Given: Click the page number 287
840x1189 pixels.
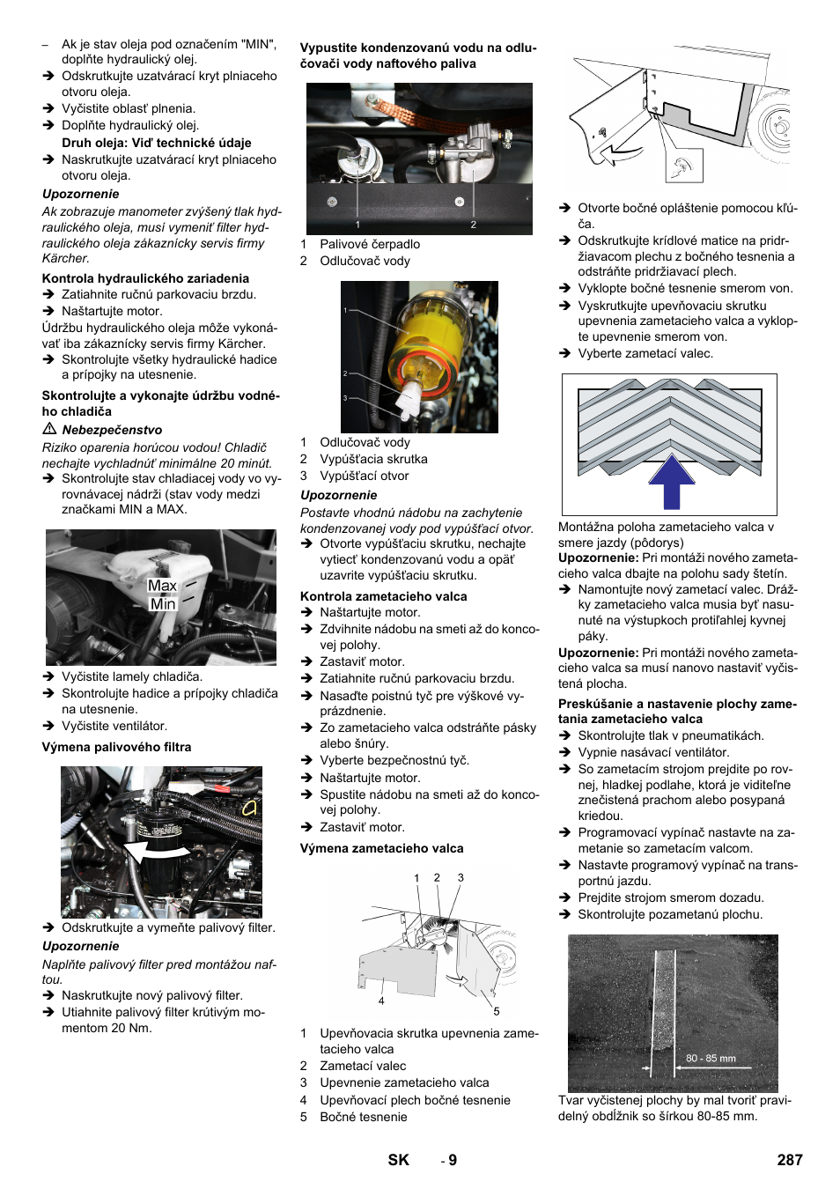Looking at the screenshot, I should [789, 1160].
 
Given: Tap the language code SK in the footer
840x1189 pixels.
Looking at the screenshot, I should [398, 1160].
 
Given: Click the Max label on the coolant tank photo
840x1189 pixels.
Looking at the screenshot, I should [162, 586].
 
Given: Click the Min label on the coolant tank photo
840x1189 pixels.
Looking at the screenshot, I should [163, 604].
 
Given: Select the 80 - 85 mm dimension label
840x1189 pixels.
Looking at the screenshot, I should [711, 1059].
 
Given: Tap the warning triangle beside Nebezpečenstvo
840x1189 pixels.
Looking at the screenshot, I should [49, 429].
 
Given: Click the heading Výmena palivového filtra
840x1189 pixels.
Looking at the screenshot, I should [116, 747].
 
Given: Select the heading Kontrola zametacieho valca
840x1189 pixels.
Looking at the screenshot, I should [383, 596].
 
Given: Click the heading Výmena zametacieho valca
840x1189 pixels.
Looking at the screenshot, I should [381, 848].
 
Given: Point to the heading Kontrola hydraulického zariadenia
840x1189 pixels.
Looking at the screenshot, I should [145, 278].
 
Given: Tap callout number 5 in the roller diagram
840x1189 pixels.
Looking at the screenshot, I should [497, 1012].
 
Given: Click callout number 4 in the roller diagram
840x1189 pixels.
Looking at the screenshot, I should [381, 1001].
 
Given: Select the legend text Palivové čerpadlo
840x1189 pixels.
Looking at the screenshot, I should [369, 244].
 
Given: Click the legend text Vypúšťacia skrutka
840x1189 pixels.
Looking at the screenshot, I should [373, 459].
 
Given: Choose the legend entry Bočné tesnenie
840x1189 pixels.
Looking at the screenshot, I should [363, 1117].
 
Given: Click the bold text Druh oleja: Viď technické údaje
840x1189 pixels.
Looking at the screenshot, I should [156, 143].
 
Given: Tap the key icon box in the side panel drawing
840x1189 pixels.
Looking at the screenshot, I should [683, 166].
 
